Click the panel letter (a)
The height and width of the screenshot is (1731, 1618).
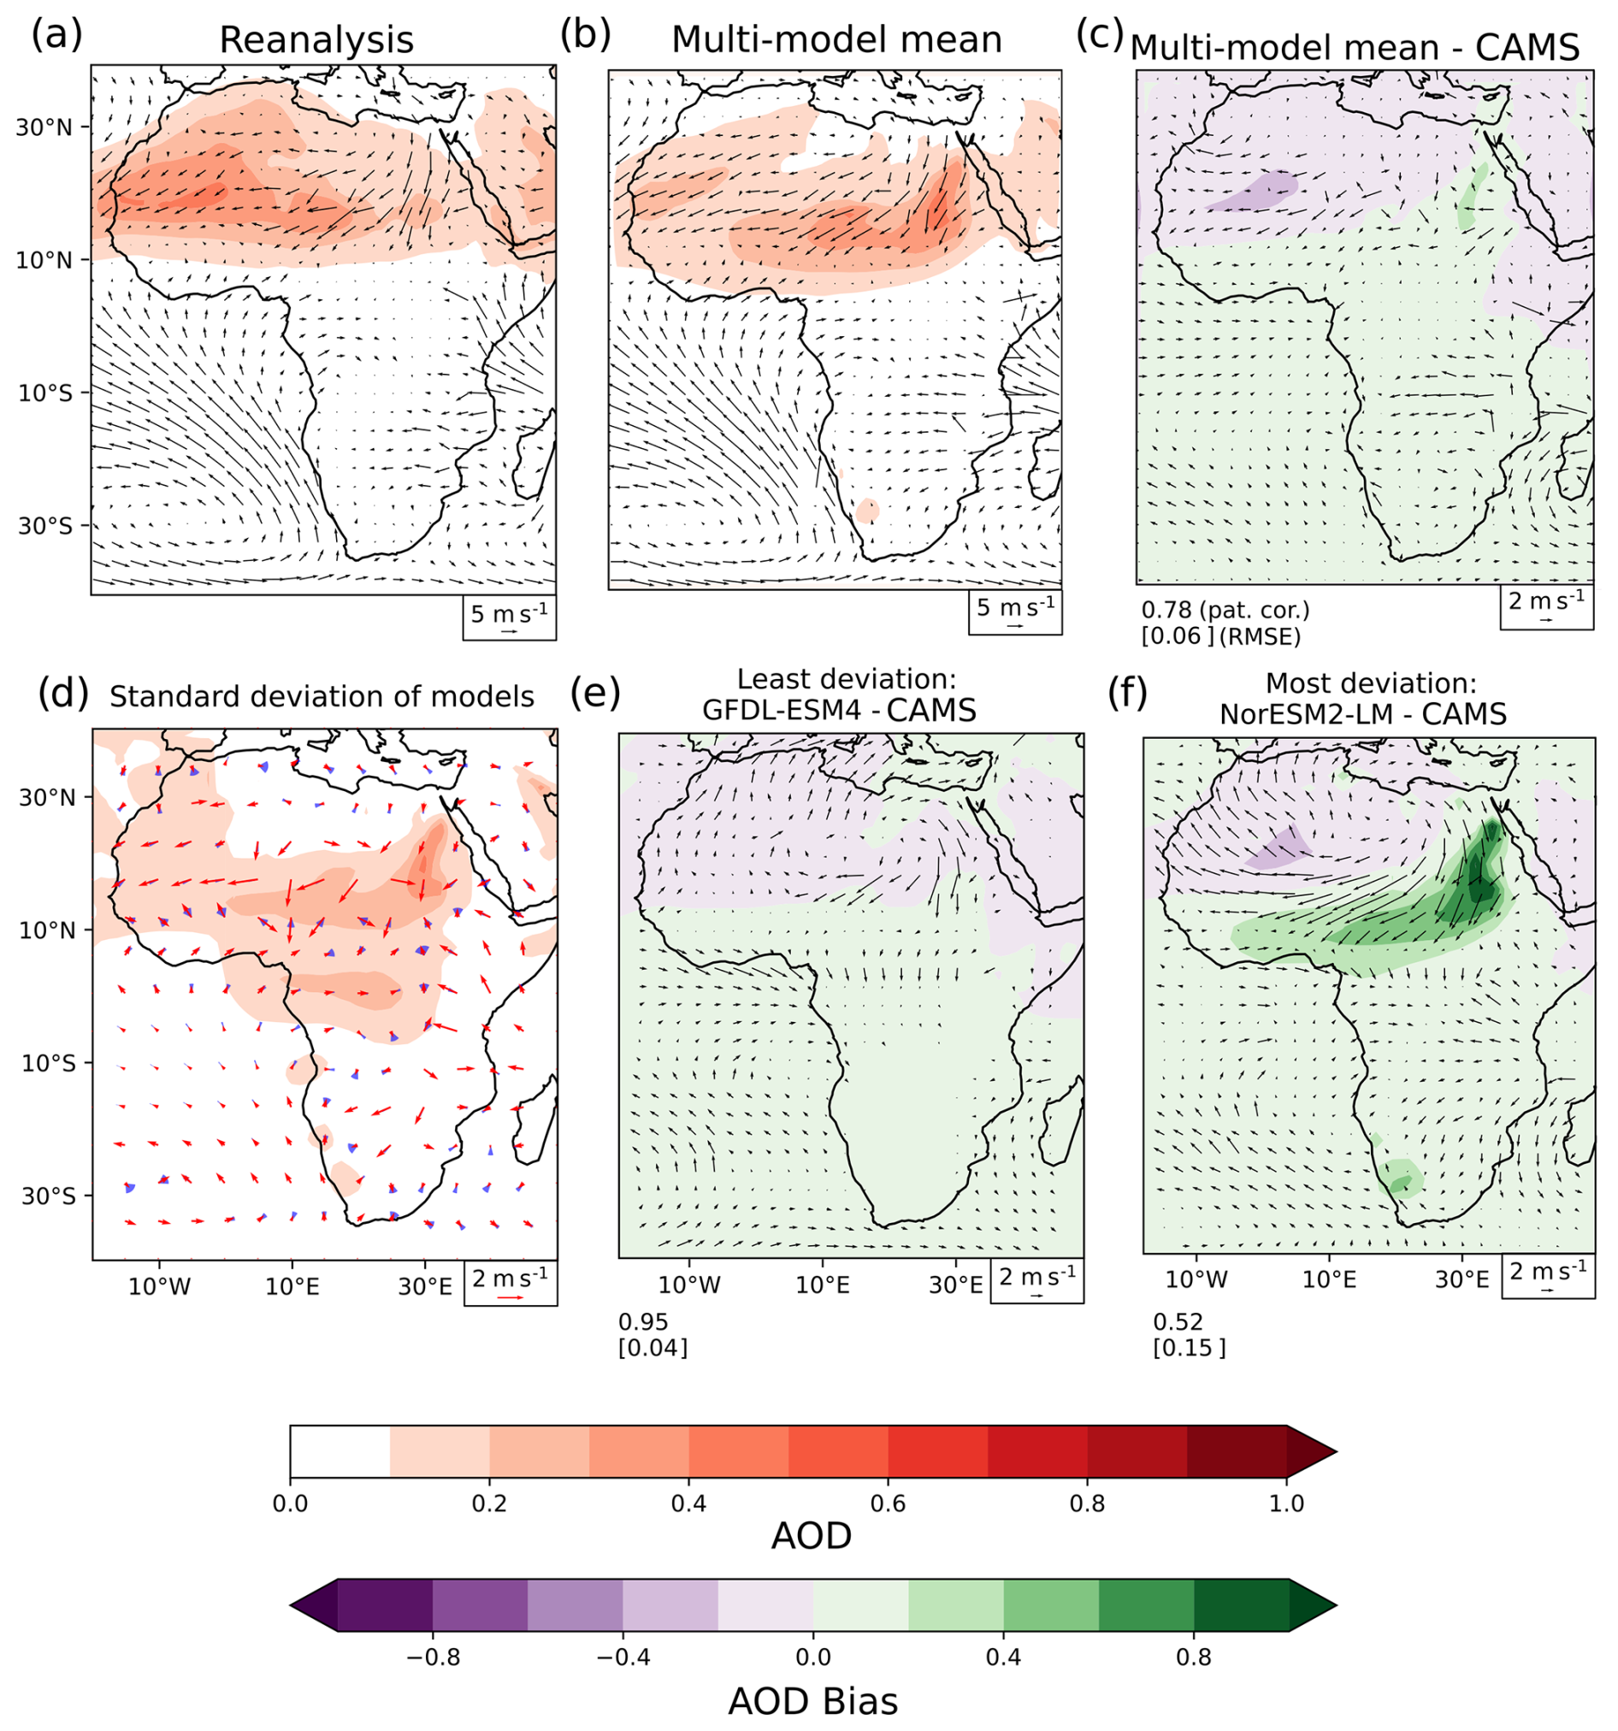click(56, 36)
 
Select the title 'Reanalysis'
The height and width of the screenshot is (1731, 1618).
click(316, 41)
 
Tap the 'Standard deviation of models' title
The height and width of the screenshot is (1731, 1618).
click(322, 696)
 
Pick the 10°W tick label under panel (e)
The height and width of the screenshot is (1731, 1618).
click(689, 1285)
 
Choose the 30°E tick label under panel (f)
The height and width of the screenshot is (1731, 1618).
click(1462, 1279)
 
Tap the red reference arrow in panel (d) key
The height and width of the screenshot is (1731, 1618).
click(511, 1297)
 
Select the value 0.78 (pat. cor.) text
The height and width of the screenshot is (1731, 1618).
click(1225, 610)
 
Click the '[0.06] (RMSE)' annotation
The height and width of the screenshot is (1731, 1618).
click(1221, 637)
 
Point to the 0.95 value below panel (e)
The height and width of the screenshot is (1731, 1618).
click(643, 1321)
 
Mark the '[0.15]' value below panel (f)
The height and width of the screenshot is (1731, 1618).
click(1189, 1348)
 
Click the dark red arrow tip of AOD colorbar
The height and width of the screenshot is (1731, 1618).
click(1336, 1451)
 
